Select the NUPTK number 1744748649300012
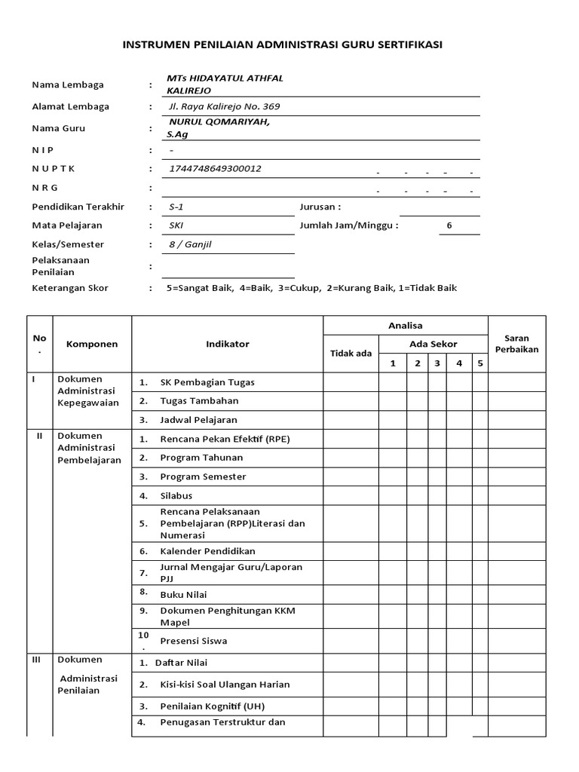coord(214,169)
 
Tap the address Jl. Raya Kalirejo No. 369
coord(225,107)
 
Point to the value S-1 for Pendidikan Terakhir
coord(176,207)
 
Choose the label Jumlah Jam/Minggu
coord(347,225)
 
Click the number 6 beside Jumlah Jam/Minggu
coord(449,225)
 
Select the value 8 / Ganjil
coord(191,244)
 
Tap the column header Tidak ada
coord(351,354)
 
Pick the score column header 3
coord(437,363)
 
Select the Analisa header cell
coord(406,326)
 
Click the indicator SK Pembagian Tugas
coord(207,382)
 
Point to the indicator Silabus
coord(176,495)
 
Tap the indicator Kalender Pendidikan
coord(207,551)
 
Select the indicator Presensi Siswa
coord(194,641)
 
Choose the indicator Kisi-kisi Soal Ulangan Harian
coord(225,685)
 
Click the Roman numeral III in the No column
coord(36,659)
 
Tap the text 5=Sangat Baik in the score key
coord(199,288)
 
